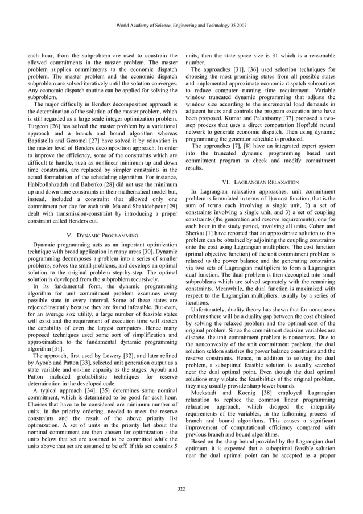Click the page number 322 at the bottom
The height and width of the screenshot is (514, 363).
181,489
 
